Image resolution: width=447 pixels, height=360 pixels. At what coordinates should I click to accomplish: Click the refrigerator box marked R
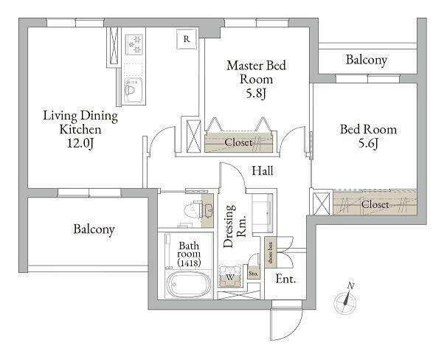187,39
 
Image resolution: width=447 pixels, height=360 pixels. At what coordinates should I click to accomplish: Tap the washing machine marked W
230,277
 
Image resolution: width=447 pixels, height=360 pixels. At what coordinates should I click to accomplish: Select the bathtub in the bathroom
188,285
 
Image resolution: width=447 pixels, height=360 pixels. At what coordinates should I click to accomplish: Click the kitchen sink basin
132,89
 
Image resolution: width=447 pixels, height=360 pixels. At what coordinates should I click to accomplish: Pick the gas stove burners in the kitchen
134,45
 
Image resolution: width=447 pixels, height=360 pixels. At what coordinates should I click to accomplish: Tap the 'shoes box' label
270,253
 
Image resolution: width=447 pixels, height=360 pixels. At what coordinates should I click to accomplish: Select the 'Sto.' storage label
253,274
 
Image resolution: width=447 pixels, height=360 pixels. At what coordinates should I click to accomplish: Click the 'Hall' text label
263,170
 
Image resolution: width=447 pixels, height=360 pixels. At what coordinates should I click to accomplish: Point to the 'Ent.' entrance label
285,279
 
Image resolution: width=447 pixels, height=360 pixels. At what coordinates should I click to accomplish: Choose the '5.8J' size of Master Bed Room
256,93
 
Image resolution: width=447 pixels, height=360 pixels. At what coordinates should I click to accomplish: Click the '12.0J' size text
80,143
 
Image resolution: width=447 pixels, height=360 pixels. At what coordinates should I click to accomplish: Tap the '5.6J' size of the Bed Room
368,143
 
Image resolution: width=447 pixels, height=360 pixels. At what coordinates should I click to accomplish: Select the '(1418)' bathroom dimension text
189,263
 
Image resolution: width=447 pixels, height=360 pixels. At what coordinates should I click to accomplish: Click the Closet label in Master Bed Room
238,142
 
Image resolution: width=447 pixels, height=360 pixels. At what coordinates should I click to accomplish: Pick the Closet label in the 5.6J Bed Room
375,204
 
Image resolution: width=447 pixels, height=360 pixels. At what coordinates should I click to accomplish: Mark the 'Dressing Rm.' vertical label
234,226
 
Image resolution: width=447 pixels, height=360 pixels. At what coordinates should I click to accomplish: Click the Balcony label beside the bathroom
94,229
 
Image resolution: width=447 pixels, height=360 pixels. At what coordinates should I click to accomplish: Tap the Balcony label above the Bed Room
367,60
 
